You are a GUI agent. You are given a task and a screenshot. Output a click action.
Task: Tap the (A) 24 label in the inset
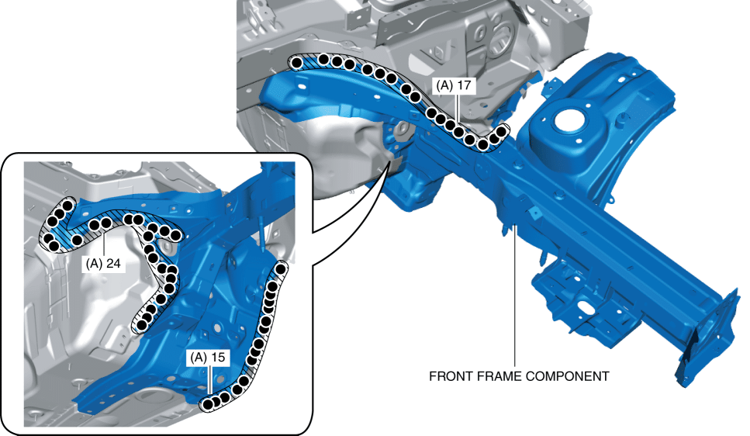105,262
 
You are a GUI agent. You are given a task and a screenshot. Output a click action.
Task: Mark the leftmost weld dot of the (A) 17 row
297,62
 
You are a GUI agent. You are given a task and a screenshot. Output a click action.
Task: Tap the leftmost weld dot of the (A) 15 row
207,404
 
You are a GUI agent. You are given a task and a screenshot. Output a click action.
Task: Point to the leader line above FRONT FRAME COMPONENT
515,295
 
